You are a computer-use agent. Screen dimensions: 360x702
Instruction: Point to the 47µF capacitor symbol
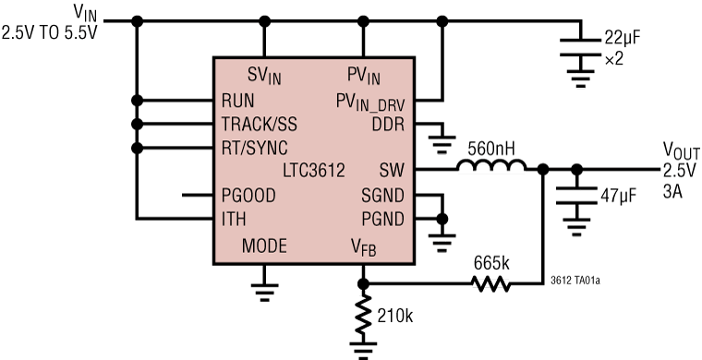pyautogui.click(x=576, y=196)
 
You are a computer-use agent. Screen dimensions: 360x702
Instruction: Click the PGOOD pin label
pyautogui.click(x=248, y=195)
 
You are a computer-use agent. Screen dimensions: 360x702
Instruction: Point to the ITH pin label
pyautogui.click(x=234, y=219)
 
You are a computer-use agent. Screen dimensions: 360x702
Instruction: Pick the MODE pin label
pyautogui.click(x=264, y=246)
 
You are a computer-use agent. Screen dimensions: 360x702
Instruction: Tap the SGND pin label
pyautogui.click(x=381, y=195)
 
